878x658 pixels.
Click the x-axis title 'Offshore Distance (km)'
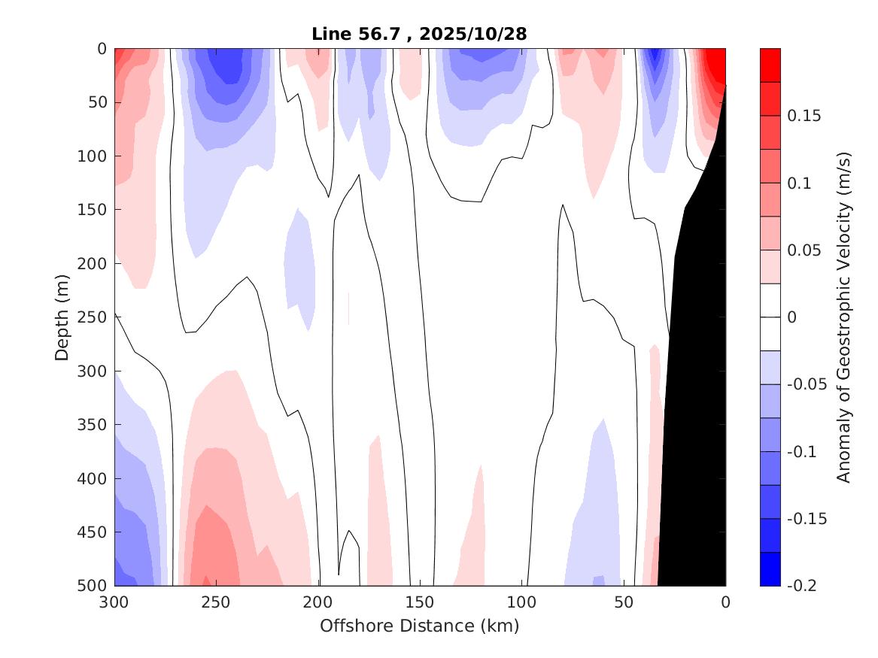(x=419, y=626)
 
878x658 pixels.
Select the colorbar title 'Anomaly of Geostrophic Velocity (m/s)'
(x=843, y=317)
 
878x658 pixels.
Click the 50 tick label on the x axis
(x=624, y=602)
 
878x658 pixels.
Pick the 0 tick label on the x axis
(x=725, y=602)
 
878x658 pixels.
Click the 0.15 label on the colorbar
(x=804, y=116)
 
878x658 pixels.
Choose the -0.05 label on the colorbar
(x=807, y=384)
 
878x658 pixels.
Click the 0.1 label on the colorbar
(x=799, y=183)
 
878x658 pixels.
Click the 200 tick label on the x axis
(x=318, y=602)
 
